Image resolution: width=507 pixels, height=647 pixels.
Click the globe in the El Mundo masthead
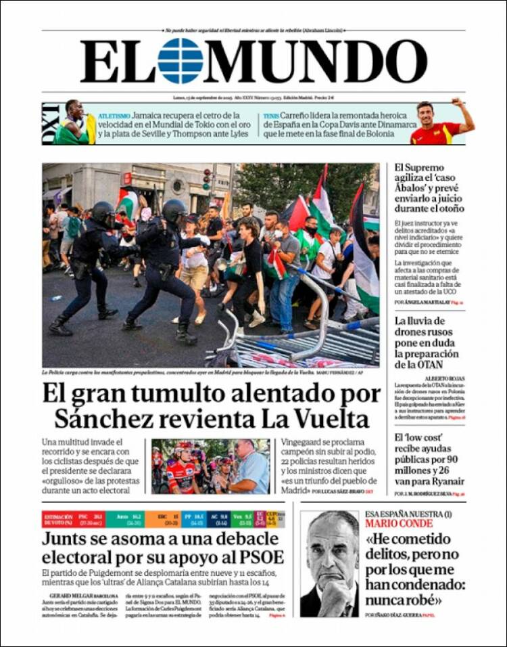180,61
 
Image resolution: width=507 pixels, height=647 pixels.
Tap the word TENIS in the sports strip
270,116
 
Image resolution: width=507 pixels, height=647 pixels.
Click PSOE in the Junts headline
260,558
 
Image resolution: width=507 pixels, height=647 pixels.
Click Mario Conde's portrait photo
329,563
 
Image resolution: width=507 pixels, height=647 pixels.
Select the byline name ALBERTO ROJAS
444,378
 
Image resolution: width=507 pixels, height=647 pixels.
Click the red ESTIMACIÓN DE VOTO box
57,519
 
